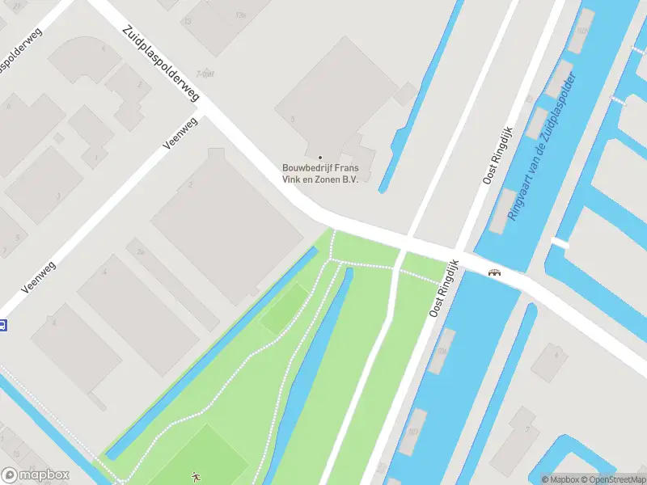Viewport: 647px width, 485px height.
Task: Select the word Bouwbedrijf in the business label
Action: click(x=304, y=168)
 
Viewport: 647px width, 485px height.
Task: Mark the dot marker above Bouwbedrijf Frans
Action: click(x=320, y=157)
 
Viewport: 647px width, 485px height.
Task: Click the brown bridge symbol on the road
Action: click(x=494, y=272)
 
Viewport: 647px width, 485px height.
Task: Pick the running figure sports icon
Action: click(x=195, y=477)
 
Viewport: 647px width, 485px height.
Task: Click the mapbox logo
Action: click(x=36, y=475)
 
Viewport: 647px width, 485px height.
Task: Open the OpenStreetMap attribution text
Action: click(x=612, y=479)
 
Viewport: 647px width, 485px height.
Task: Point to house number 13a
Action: click(x=239, y=15)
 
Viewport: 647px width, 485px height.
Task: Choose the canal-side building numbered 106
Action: click(x=442, y=352)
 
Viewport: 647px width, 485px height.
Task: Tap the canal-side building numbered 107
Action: click(x=412, y=431)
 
